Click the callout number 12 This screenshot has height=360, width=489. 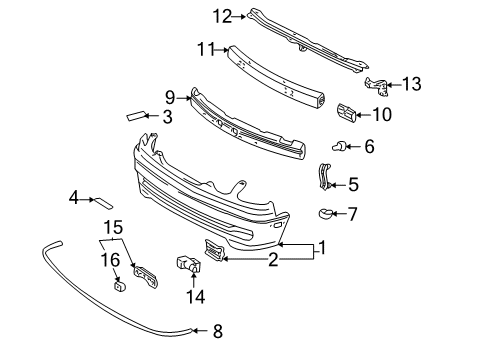pos(223,16)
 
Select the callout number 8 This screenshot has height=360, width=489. pos(218,331)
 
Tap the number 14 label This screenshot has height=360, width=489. pos(195,296)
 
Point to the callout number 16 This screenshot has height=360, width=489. pos(110,260)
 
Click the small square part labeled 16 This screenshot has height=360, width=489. pos(119,286)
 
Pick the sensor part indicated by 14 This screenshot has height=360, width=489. pos(188,263)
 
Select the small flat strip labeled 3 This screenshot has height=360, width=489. pos(136,115)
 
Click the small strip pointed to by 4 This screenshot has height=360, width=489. pos(104,203)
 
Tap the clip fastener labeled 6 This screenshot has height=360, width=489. pos(339,146)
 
